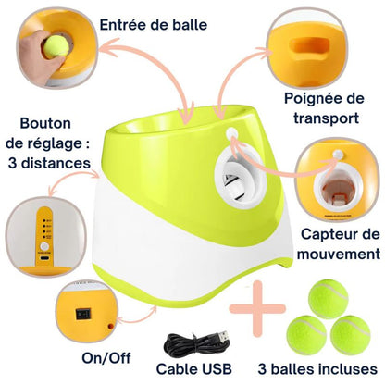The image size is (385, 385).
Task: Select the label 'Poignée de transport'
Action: (x=328, y=108)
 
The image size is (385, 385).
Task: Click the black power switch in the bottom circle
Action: (x=90, y=312)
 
